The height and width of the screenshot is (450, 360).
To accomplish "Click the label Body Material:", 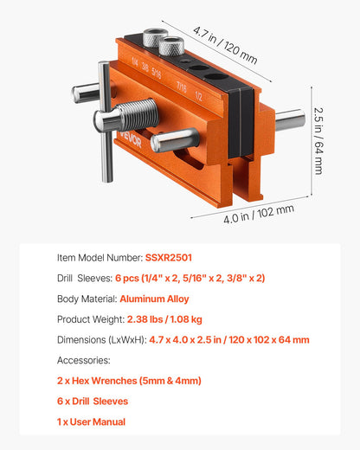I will click(93, 299).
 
